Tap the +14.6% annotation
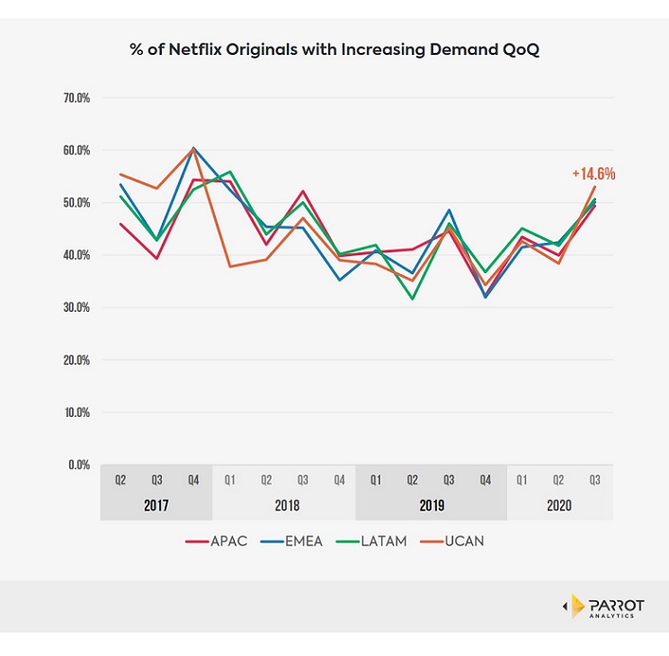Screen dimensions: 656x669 pyautogui.click(x=593, y=174)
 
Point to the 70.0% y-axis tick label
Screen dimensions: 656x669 pyautogui.click(x=77, y=97)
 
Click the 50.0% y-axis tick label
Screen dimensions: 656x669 pyautogui.click(x=77, y=202)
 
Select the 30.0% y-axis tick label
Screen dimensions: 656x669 pyautogui.click(x=77, y=307)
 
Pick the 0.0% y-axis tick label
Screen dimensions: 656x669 pyautogui.click(x=79, y=465)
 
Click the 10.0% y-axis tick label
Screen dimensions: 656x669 pyautogui.click(x=77, y=412)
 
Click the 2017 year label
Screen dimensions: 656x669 pyautogui.click(x=156, y=506)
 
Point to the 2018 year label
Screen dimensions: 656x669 pyautogui.click(x=287, y=506)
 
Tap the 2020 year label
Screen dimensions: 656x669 pyautogui.click(x=558, y=506)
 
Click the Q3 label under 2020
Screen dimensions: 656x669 pyautogui.click(x=594, y=479)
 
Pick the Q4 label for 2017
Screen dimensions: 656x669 pyautogui.click(x=193, y=479)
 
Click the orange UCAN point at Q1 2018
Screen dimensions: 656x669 pyautogui.click(x=229, y=267)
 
